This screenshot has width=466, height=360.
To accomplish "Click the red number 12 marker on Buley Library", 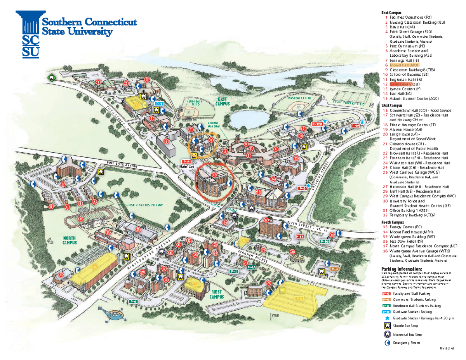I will click(214, 175).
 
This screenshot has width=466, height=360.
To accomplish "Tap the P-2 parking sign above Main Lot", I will click(186, 162).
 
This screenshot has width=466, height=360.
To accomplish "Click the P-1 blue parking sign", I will click(159, 104).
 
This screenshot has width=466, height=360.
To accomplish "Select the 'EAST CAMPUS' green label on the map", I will click(223, 102).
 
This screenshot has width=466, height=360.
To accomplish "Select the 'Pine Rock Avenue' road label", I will click(123, 165).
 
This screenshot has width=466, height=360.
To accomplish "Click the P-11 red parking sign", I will click(299, 236).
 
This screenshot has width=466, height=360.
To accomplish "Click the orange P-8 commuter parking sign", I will click(335, 269).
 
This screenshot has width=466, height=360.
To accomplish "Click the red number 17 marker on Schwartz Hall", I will click(266, 220).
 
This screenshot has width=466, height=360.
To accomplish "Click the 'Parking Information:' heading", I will click(401, 269).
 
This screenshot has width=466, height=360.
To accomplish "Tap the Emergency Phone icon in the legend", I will click(387, 343).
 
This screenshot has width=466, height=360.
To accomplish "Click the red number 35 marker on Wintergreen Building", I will click(138, 230).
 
